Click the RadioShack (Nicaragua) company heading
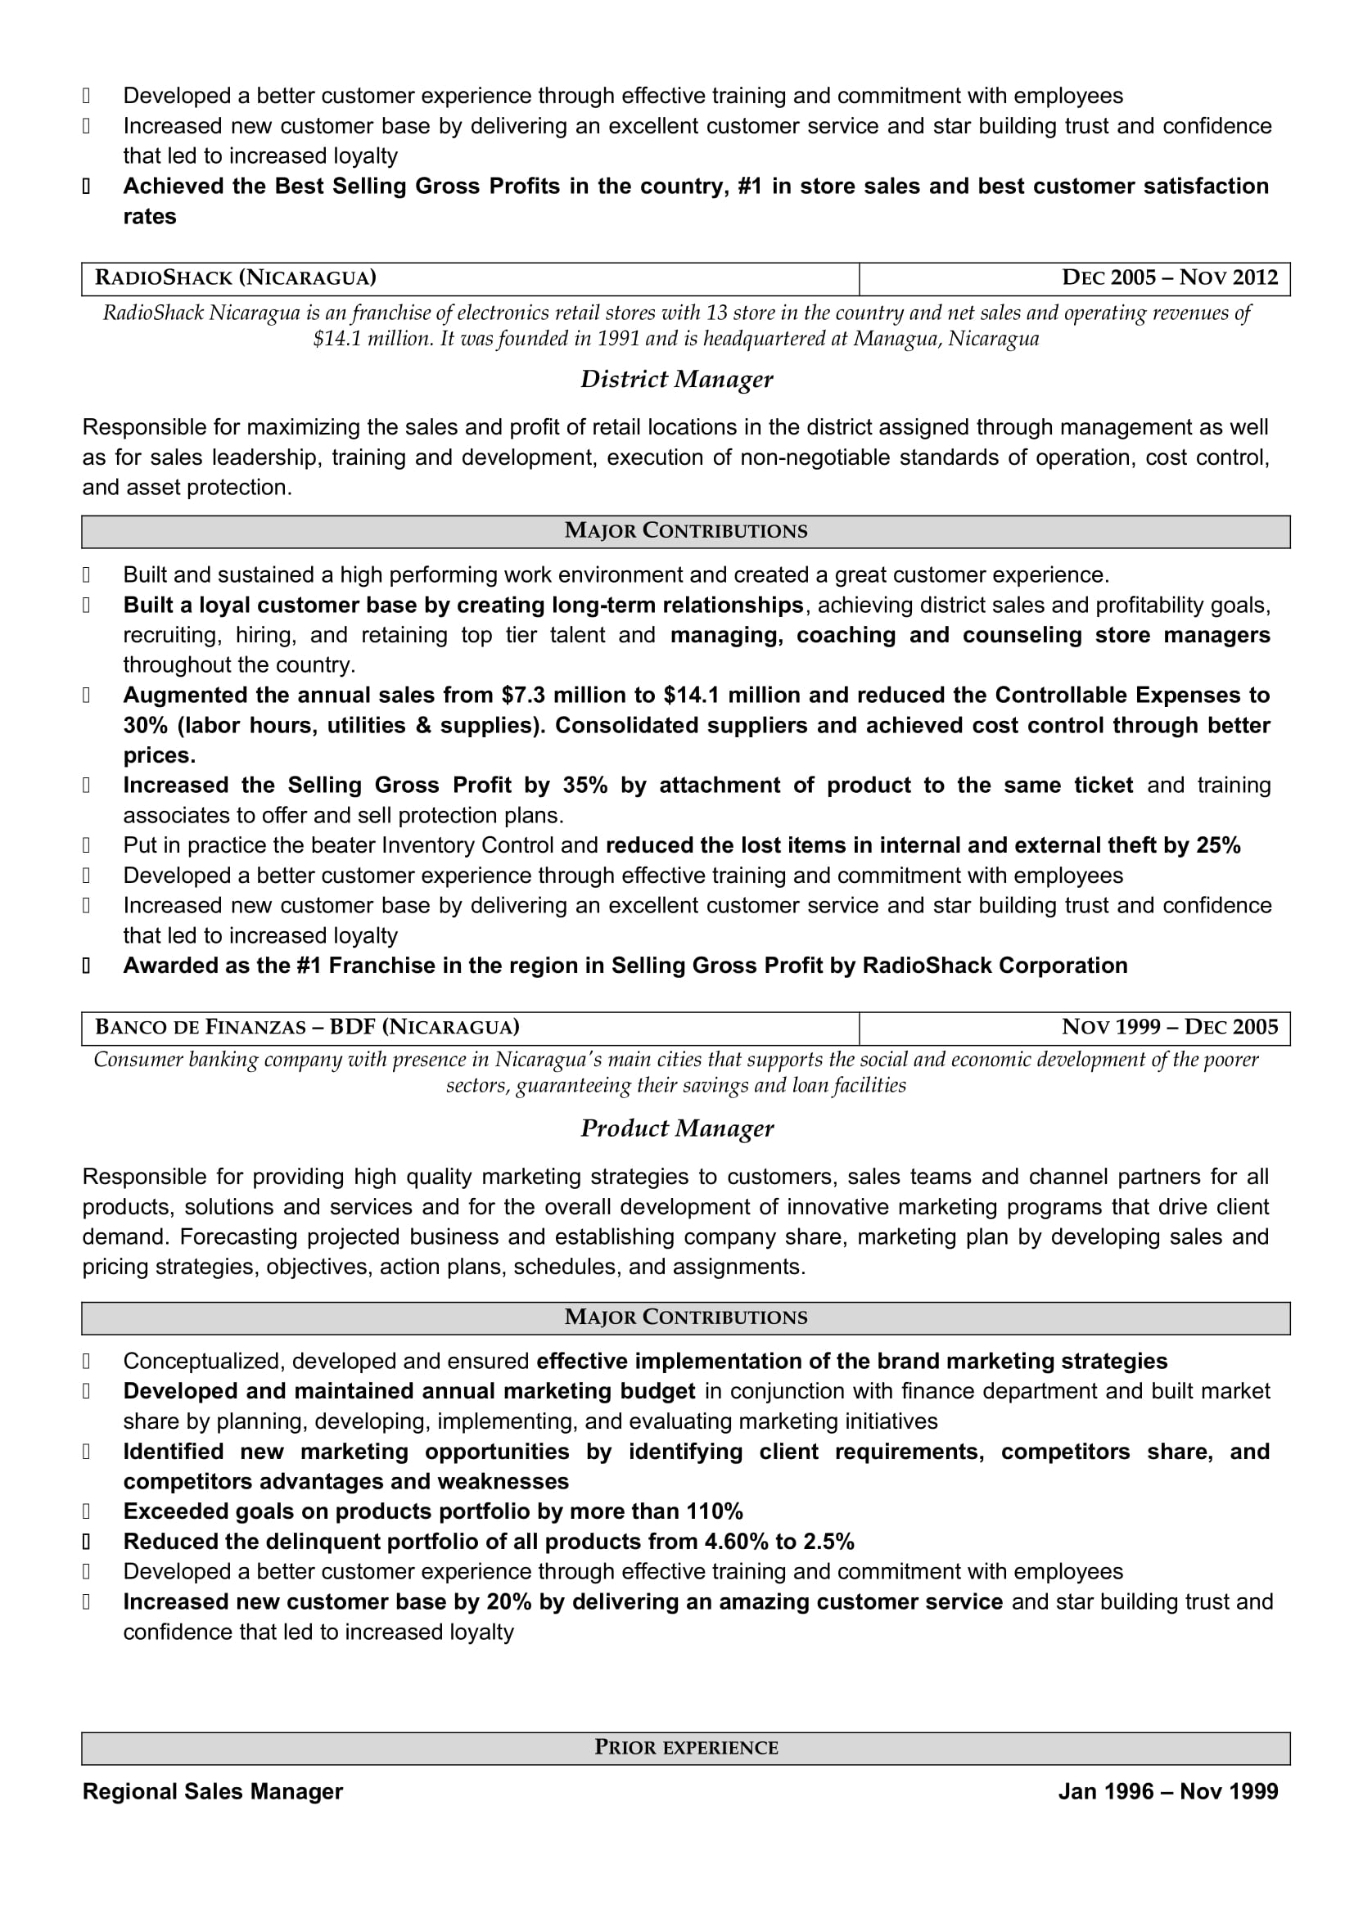[235, 277]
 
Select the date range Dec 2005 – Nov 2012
[1169, 277]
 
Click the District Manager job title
[676, 380]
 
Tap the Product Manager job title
[676, 1128]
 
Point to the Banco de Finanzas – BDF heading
[307, 1027]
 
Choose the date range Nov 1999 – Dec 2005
[1169, 1027]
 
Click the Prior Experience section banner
[685, 1747]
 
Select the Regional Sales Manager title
[213, 1791]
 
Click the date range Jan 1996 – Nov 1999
[1167, 1791]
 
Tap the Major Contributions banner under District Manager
[685, 531]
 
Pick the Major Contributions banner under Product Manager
[685, 1317]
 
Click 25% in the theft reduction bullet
[1218, 845]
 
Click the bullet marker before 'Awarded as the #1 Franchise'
[86, 966]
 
